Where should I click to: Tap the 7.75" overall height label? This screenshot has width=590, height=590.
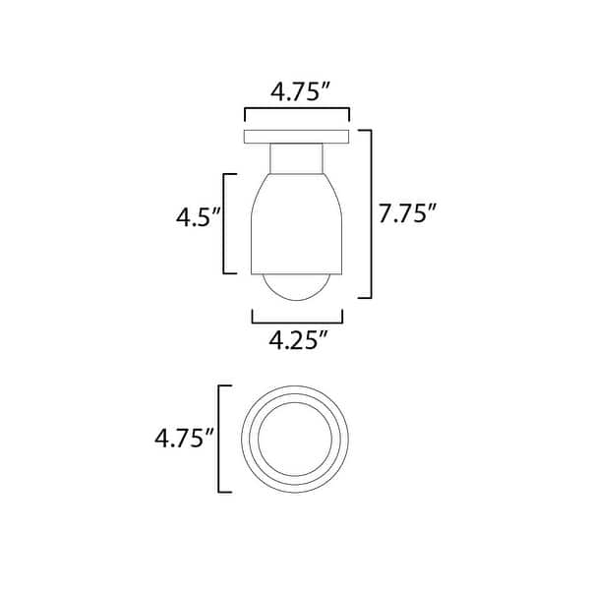pyautogui.click(x=407, y=214)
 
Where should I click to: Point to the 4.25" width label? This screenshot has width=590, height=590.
pyautogui.click(x=298, y=342)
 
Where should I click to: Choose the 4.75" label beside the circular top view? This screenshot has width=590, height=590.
pyautogui.click(x=184, y=438)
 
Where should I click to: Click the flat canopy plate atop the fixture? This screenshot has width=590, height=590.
pyautogui.click(x=297, y=136)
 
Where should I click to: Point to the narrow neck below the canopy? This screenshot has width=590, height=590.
pyautogui.click(x=297, y=157)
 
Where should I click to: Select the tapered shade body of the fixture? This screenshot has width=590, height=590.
pyautogui.click(x=297, y=221)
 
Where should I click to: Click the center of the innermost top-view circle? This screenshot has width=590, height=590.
pyautogui.click(x=297, y=438)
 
